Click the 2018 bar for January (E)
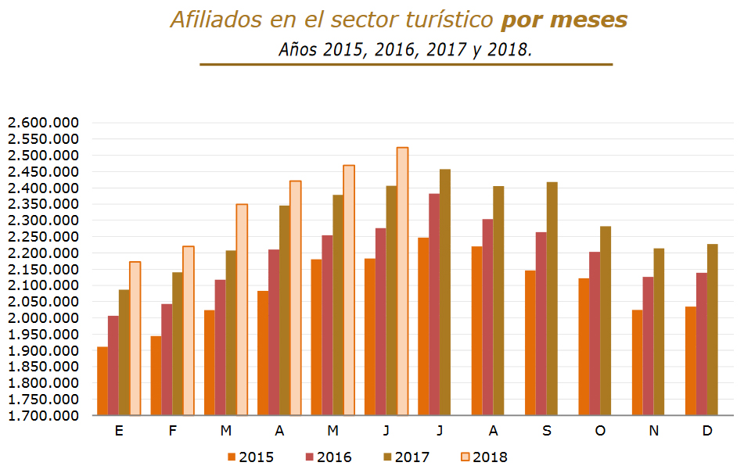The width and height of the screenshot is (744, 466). tap(135, 338)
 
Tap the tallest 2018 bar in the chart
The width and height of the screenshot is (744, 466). tap(402, 281)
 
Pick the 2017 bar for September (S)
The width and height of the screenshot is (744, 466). tap(552, 298)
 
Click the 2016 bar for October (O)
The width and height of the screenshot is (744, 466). tap(595, 333)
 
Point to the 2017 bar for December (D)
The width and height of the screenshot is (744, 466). tap(712, 329)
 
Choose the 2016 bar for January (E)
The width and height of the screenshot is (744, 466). tap(113, 365)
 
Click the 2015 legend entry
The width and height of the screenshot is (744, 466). tap(250, 457)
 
